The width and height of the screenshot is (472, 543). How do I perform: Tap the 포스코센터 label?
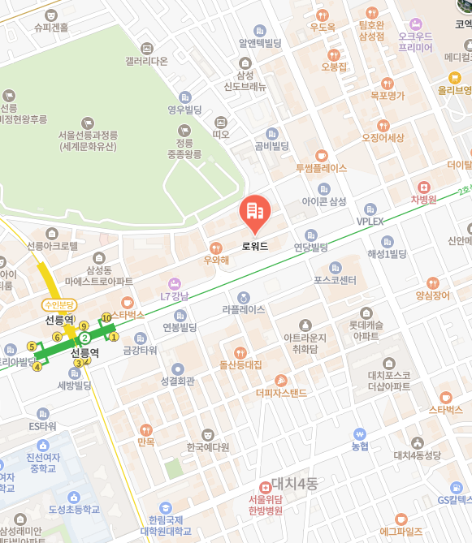[x=336, y=280]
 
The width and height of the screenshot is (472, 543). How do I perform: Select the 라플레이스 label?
[x=244, y=309]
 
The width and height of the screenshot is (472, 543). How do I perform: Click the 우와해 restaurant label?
[x=215, y=260]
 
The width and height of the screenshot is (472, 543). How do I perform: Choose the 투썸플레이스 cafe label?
[x=321, y=168]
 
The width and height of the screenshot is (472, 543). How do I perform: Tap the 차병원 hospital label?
[x=423, y=199]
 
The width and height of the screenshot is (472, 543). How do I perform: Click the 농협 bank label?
[x=360, y=446]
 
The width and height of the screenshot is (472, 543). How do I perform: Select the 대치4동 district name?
[x=294, y=484]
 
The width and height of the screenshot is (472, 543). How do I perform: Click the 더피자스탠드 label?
[x=281, y=393]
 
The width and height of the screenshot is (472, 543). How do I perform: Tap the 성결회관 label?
[x=177, y=381]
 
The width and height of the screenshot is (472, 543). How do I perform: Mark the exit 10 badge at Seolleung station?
[x=106, y=317]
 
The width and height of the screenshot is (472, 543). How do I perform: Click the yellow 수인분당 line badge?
[x=59, y=305]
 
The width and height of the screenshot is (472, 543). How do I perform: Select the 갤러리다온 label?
[x=146, y=61]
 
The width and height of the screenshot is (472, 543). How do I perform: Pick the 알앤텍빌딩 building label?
[x=259, y=43]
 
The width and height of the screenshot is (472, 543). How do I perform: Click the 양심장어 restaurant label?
[x=431, y=295]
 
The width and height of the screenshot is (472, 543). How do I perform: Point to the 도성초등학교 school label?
[x=73, y=510]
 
